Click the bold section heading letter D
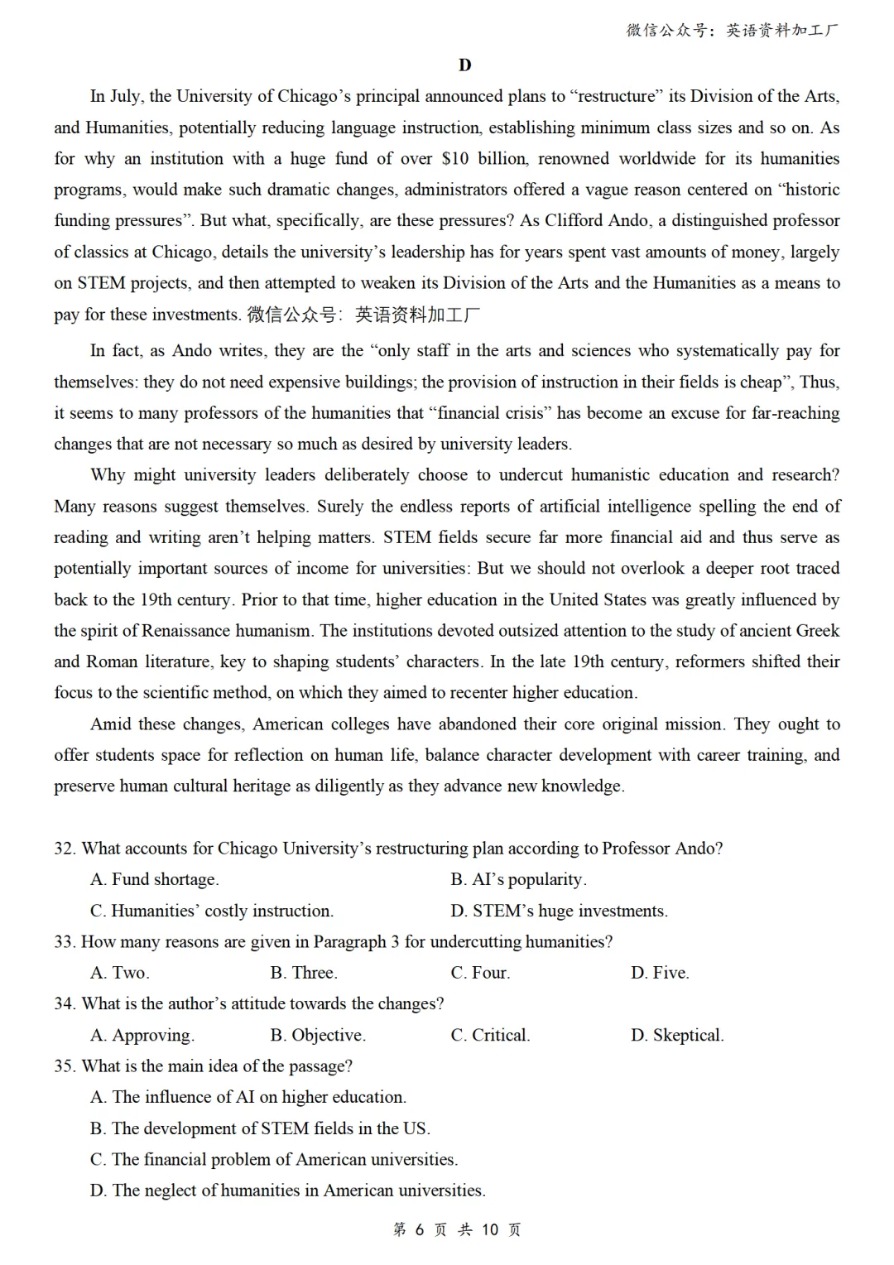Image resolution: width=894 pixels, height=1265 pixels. coord(464,65)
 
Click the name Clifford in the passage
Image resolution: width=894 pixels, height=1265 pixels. coord(574,221)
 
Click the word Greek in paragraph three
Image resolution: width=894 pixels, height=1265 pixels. coord(817,631)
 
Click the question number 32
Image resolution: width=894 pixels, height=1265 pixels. coord(65,849)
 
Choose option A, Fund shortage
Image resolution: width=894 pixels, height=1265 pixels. coord(155,879)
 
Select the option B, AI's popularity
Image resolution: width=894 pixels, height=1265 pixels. coord(518,879)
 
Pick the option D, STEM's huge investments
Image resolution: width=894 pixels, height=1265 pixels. coord(559,911)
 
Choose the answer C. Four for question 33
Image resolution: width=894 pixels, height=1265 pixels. coord(480,973)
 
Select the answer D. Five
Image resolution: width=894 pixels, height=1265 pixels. coord(660,973)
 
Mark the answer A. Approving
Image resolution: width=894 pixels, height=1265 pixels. coord(142,1035)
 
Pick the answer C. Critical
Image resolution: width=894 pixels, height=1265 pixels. coord(490,1035)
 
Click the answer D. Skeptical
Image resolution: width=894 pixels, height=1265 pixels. coord(677,1035)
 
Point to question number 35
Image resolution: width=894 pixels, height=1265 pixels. coord(65,1066)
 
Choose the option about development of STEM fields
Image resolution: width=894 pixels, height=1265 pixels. coord(260,1128)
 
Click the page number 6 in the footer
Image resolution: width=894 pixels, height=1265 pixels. coord(419,1229)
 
